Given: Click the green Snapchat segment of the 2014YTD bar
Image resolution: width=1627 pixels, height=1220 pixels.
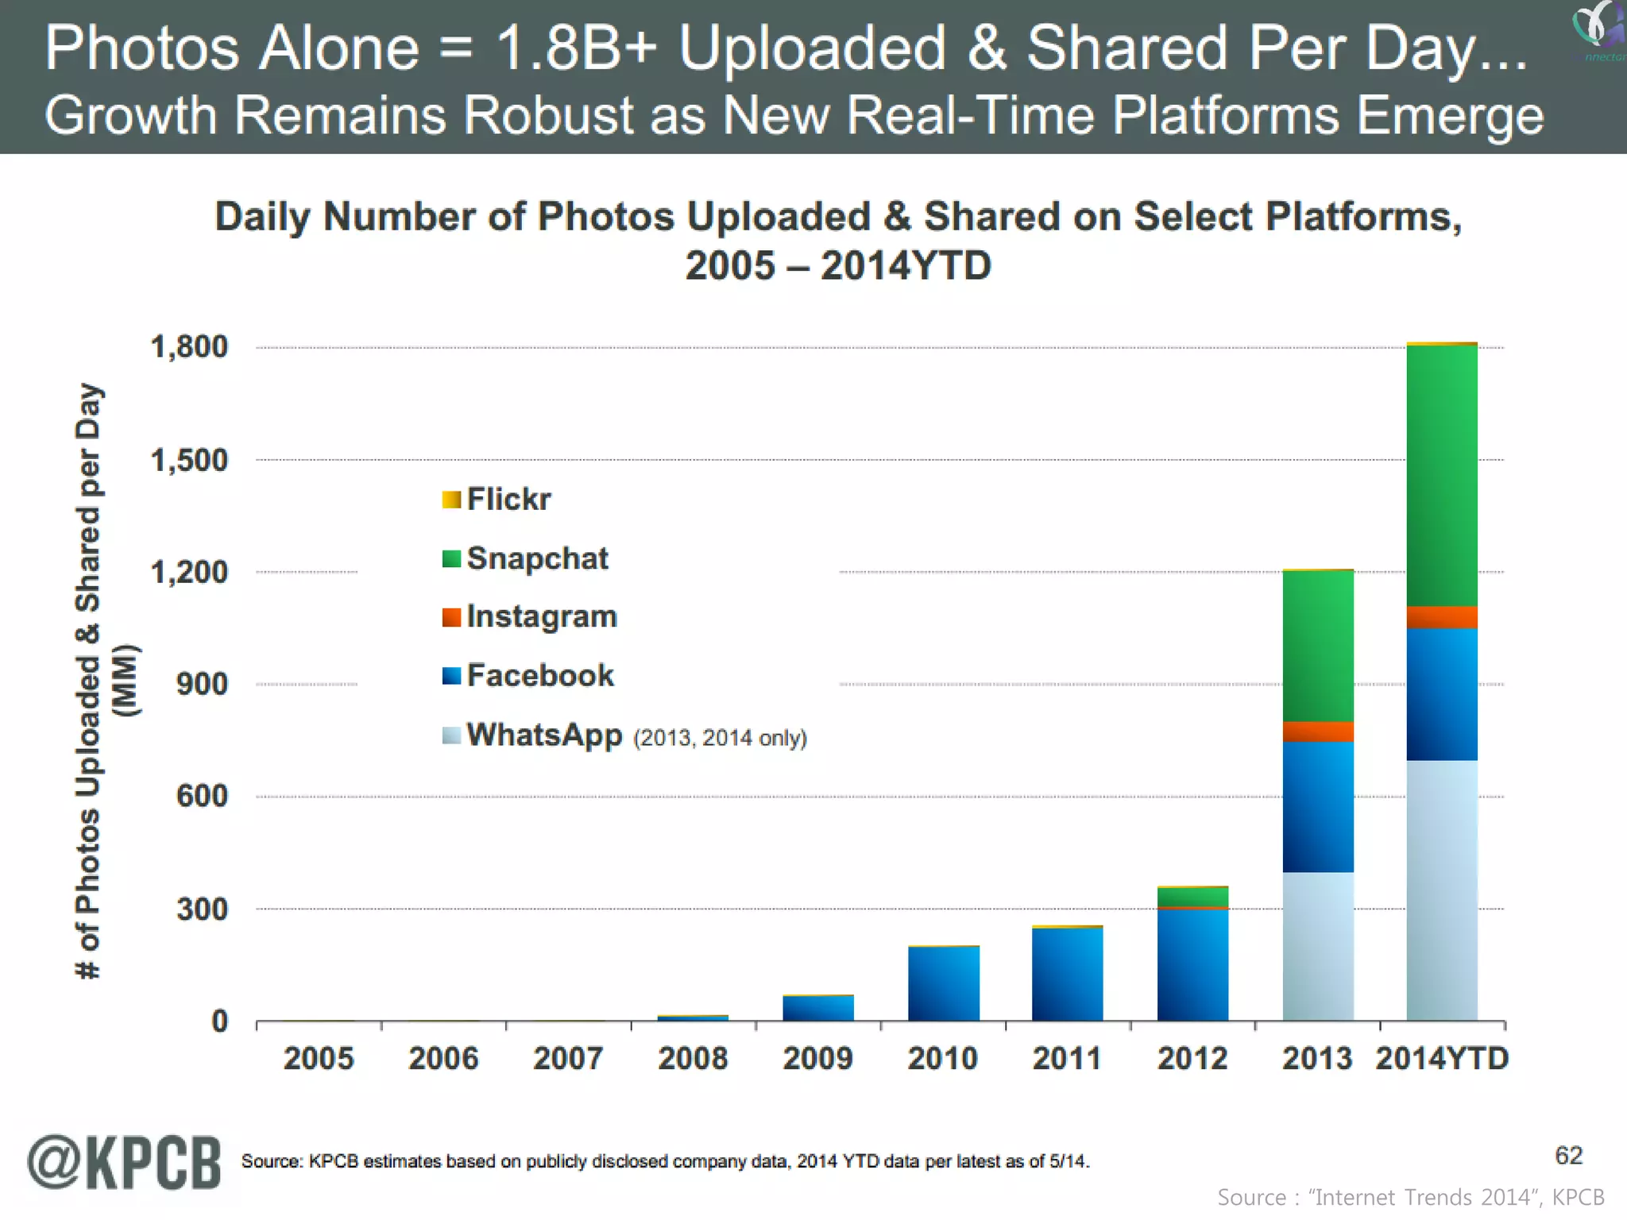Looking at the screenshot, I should coord(1441,477).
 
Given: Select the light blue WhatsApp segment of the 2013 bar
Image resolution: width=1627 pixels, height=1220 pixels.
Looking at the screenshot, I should coord(1317,945).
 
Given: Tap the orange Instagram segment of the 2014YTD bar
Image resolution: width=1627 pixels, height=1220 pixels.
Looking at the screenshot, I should coord(1441,617).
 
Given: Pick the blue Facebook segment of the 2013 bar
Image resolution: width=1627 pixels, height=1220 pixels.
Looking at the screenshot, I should coord(1317,806).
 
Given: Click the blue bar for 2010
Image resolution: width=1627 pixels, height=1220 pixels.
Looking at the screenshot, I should coord(943,983).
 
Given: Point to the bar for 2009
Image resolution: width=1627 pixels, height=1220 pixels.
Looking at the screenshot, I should coord(817,1008).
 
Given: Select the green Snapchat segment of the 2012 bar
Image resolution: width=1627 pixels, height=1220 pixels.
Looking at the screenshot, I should coord(1192,897).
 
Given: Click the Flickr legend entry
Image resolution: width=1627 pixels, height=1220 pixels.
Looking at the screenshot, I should coord(497,500).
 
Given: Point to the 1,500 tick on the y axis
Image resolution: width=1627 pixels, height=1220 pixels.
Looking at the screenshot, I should coord(189,461).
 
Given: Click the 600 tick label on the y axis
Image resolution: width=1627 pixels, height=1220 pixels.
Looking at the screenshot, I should coord(202,797).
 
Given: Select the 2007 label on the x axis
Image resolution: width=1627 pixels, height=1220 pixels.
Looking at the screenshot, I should coord(568,1059).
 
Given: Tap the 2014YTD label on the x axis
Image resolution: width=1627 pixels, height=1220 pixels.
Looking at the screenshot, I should coord(1441,1059).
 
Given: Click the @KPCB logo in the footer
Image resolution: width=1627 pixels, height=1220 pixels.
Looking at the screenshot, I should coord(125,1163).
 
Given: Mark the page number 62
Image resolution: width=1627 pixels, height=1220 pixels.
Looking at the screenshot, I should coord(1568,1156).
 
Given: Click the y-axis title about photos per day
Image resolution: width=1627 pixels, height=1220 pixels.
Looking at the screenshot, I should coord(95,681).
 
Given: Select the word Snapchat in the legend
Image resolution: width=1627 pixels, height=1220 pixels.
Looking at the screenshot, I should coord(537,558).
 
